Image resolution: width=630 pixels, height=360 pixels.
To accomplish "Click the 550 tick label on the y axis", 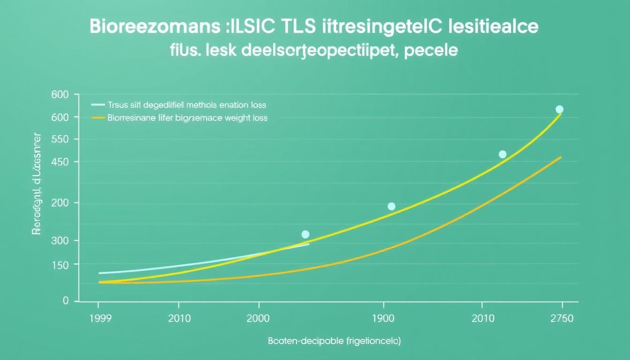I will [x=59, y=140].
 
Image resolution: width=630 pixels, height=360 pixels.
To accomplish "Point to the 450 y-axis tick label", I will [x=59, y=162].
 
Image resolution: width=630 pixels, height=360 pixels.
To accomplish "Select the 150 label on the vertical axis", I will [x=59, y=265].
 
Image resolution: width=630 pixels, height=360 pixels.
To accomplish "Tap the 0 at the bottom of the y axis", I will [x=66, y=300].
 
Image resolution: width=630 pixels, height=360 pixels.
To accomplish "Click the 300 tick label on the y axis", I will [x=59, y=241].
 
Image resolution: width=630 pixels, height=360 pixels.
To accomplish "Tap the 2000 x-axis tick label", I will [x=257, y=319].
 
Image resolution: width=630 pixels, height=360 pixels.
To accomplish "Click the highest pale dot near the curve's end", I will [x=559, y=109].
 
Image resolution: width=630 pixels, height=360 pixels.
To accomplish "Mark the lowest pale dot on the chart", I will [x=305, y=234].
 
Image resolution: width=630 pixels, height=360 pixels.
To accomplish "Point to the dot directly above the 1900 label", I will [x=391, y=206].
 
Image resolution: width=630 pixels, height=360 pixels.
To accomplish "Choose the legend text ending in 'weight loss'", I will [x=187, y=118].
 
